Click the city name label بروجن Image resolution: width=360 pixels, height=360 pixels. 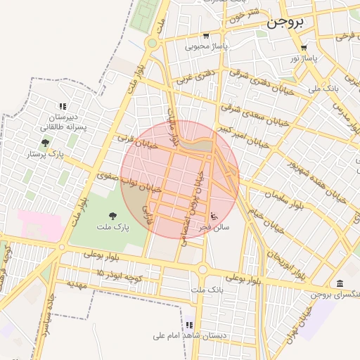coord(285,22)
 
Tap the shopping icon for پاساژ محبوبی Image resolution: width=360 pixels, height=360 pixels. coord(205,36)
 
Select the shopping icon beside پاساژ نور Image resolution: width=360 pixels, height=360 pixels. coord(304,47)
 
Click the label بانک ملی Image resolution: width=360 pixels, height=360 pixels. coord(325,89)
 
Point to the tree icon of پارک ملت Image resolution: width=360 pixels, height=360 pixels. coord(113,216)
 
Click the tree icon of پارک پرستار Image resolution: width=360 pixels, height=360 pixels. coord(46,143)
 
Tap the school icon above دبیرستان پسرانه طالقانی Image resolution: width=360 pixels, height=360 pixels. coord(63,106)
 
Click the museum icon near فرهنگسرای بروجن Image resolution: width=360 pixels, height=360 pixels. coord(340,283)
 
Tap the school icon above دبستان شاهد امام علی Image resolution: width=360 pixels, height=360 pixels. coord(189,325)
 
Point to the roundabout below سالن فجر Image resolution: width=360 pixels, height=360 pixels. coord(203,269)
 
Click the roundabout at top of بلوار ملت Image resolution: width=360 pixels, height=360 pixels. coord(152,43)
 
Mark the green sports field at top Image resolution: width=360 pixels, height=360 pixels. coord(146,14)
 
